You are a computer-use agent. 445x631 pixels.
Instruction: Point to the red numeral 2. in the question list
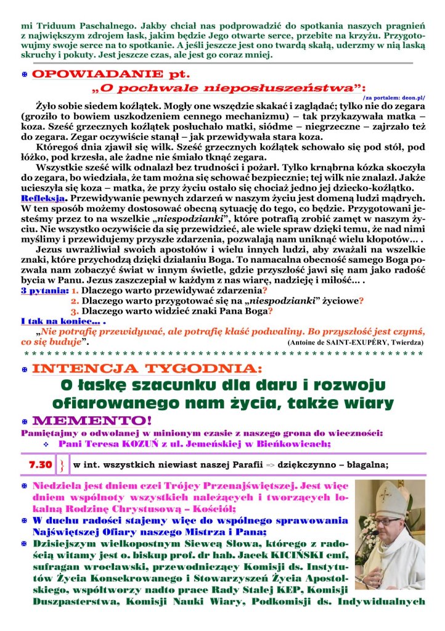(x=75, y=300)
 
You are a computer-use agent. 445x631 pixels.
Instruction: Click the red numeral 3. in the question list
(x=75, y=311)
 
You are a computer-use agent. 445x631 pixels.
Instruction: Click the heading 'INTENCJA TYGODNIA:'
(x=145, y=369)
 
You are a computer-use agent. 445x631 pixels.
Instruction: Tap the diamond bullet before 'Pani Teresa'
(x=46, y=443)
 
